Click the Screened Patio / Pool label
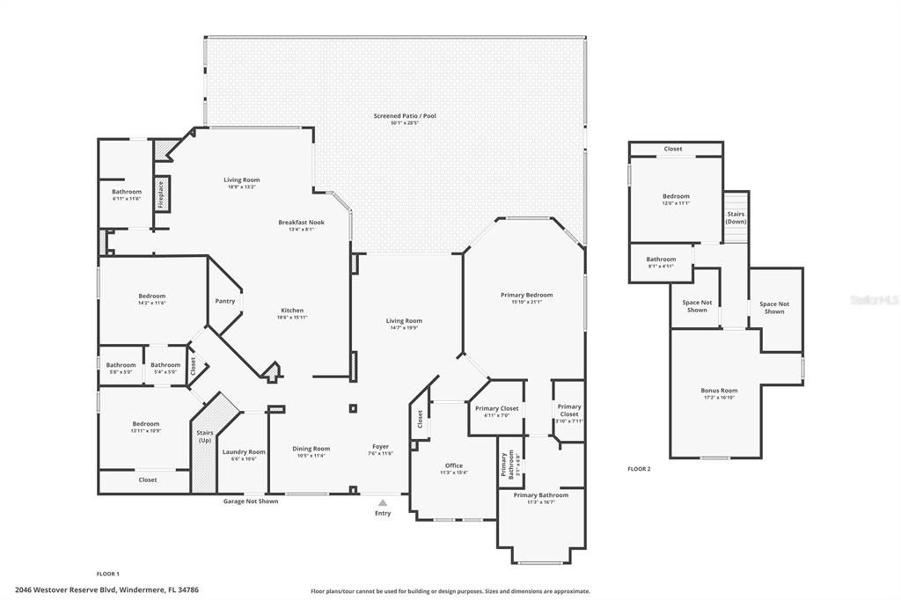[405, 116]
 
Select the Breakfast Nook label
[302, 223]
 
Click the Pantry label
[224, 301]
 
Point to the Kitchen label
[292, 311]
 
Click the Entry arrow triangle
[383, 502]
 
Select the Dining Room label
[311, 449]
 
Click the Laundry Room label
[243, 451]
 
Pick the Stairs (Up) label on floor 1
[204, 435]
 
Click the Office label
[453, 465]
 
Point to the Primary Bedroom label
[525, 295]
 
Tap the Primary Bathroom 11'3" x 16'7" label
[540, 495]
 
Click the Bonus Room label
[719, 390]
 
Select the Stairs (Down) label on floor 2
[736, 217]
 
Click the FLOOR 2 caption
[639, 469]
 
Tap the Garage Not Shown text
[250, 501]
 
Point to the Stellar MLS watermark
[875, 300]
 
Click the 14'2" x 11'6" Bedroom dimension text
[151, 304]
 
